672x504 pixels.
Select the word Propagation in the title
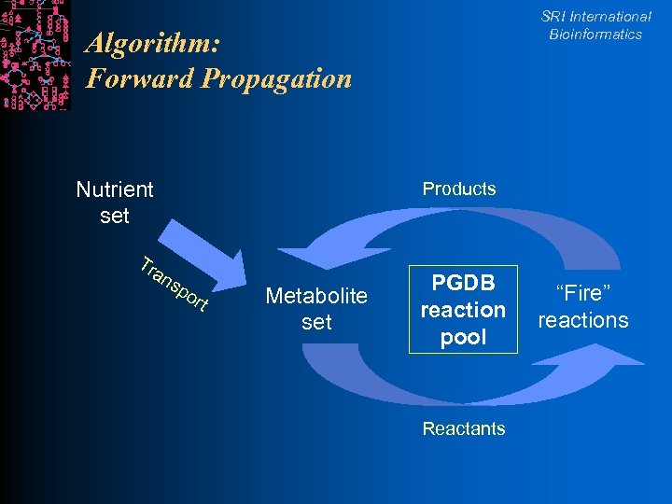coord(276,79)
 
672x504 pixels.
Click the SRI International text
coord(595,17)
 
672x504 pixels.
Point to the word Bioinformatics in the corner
coord(595,35)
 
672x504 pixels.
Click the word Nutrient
coord(115,189)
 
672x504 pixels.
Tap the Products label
coord(459,189)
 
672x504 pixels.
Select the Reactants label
coord(464,428)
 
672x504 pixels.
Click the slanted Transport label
coord(174,283)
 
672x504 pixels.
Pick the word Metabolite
coord(316,296)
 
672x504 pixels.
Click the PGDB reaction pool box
coord(463,310)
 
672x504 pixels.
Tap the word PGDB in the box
coord(463,283)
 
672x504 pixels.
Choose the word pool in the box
coord(463,337)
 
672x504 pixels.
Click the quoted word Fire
coord(583,293)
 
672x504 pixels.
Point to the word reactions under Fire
coord(583,320)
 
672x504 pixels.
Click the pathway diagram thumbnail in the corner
coord(35,55)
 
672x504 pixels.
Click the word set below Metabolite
coord(316,322)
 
